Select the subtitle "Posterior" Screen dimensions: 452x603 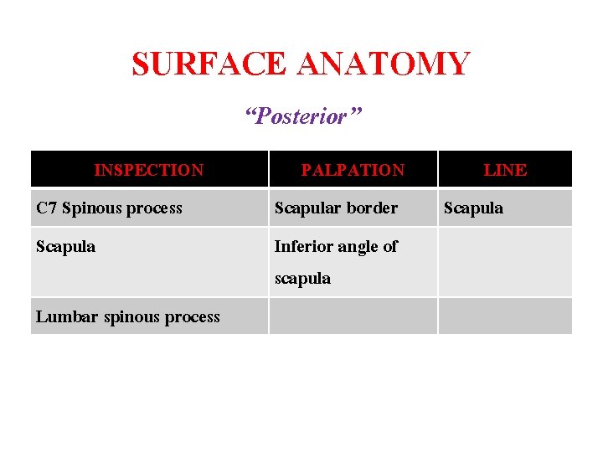pos(302,116)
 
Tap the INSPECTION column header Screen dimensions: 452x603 pos(149,170)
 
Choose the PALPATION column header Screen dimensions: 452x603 pos(353,170)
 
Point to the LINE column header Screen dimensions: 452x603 pos(505,170)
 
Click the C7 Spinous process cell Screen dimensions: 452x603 pos(110,208)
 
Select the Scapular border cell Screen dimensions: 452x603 pos(336,208)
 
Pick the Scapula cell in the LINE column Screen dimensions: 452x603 pos(473,208)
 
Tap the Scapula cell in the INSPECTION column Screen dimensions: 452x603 pos(65,247)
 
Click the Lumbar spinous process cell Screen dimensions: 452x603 pos(128,317)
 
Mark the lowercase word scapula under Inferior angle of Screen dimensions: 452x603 pos(302,279)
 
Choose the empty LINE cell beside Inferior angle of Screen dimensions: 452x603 pos(505,262)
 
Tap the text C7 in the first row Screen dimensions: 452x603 pos(46,208)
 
